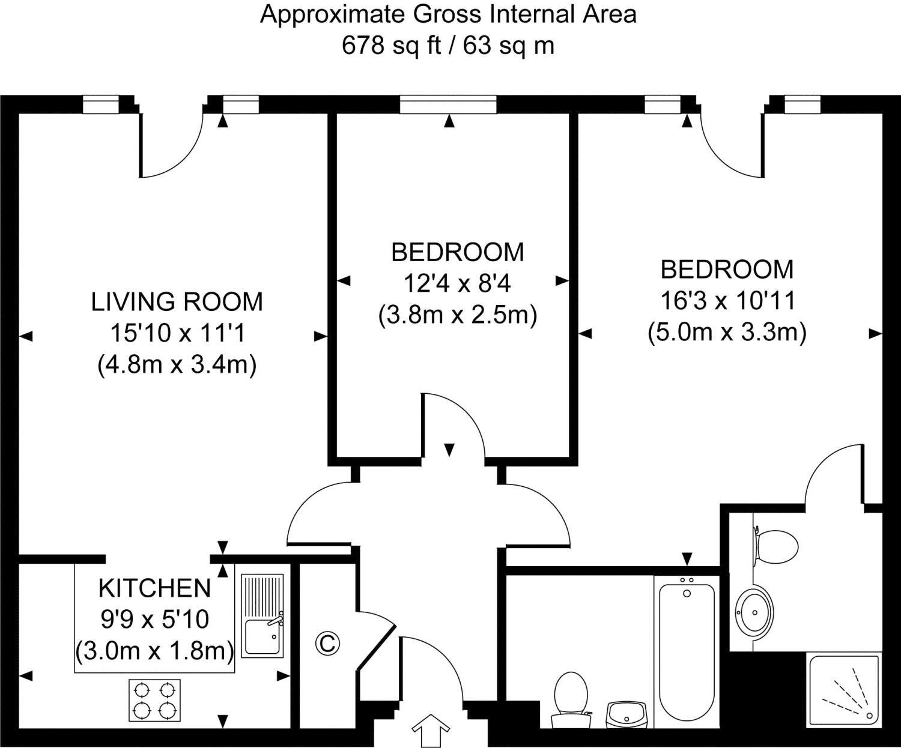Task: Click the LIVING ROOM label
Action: point(177,301)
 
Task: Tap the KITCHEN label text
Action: point(154,588)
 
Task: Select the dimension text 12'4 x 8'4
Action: point(457,283)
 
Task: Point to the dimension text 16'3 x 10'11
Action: point(727,300)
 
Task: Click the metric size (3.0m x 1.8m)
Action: point(154,650)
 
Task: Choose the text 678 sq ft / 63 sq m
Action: point(447,45)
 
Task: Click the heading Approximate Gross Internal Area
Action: point(447,14)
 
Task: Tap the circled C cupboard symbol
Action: point(327,644)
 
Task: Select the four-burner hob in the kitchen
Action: point(154,701)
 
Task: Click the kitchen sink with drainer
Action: point(262,615)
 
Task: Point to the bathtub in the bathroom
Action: point(687,651)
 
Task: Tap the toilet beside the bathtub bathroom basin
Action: point(569,698)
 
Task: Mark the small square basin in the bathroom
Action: point(626,714)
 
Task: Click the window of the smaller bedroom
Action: point(448,105)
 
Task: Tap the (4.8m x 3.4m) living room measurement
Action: point(177,364)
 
